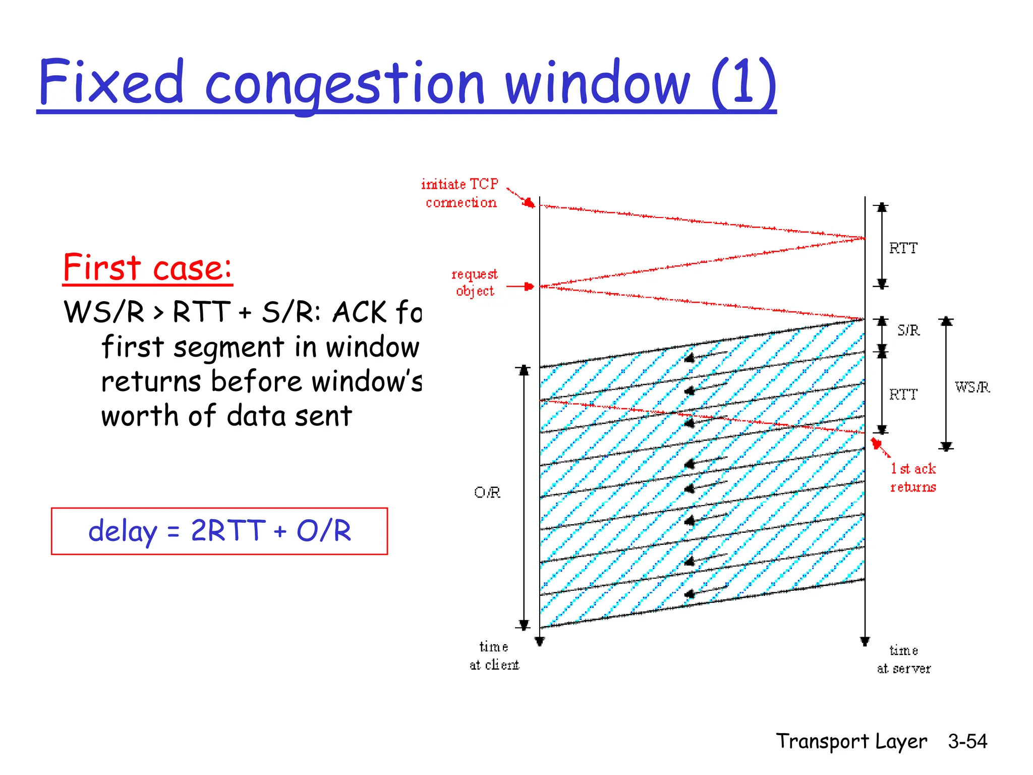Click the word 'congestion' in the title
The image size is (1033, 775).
click(345, 83)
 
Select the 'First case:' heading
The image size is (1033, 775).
click(147, 267)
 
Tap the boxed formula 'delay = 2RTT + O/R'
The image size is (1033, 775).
click(219, 531)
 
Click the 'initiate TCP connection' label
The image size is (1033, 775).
click(460, 193)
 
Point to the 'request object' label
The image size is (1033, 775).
click(474, 283)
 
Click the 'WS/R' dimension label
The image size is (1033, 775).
click(972, 387)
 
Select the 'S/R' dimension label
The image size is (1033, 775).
click(908, 330)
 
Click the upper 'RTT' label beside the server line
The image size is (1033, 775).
click(903, 248)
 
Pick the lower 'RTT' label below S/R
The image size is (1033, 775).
click(903, 394)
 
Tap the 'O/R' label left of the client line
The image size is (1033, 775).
click(487, 492)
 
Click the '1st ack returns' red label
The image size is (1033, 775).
click(912, 477)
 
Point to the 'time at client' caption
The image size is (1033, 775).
click(494, 655)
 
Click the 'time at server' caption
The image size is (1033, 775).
click(903, 659)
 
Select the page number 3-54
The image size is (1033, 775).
click(967, 741)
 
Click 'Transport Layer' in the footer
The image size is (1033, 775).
click(851, 741)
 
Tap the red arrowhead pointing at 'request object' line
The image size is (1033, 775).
click(529, 287)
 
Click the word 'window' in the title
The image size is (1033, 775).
click(598, 83)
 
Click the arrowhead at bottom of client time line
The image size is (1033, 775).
click(540, 642)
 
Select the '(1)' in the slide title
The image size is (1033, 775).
click(744, 83)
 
